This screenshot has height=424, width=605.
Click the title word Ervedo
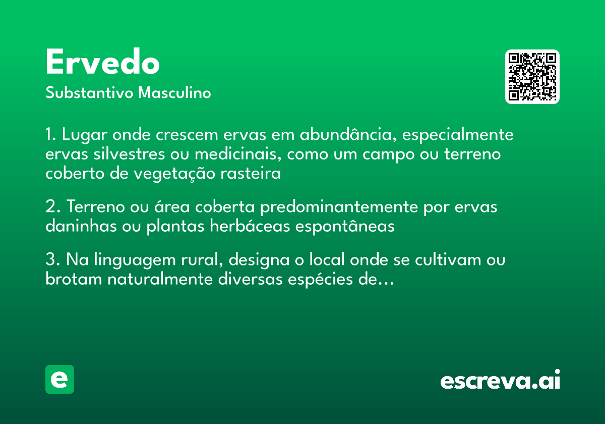click(x=102, y=63)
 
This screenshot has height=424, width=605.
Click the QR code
click(x=532, y=77)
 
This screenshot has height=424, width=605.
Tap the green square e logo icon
click(x=59, y=379)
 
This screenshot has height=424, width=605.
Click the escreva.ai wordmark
click(x=500, y=381)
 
